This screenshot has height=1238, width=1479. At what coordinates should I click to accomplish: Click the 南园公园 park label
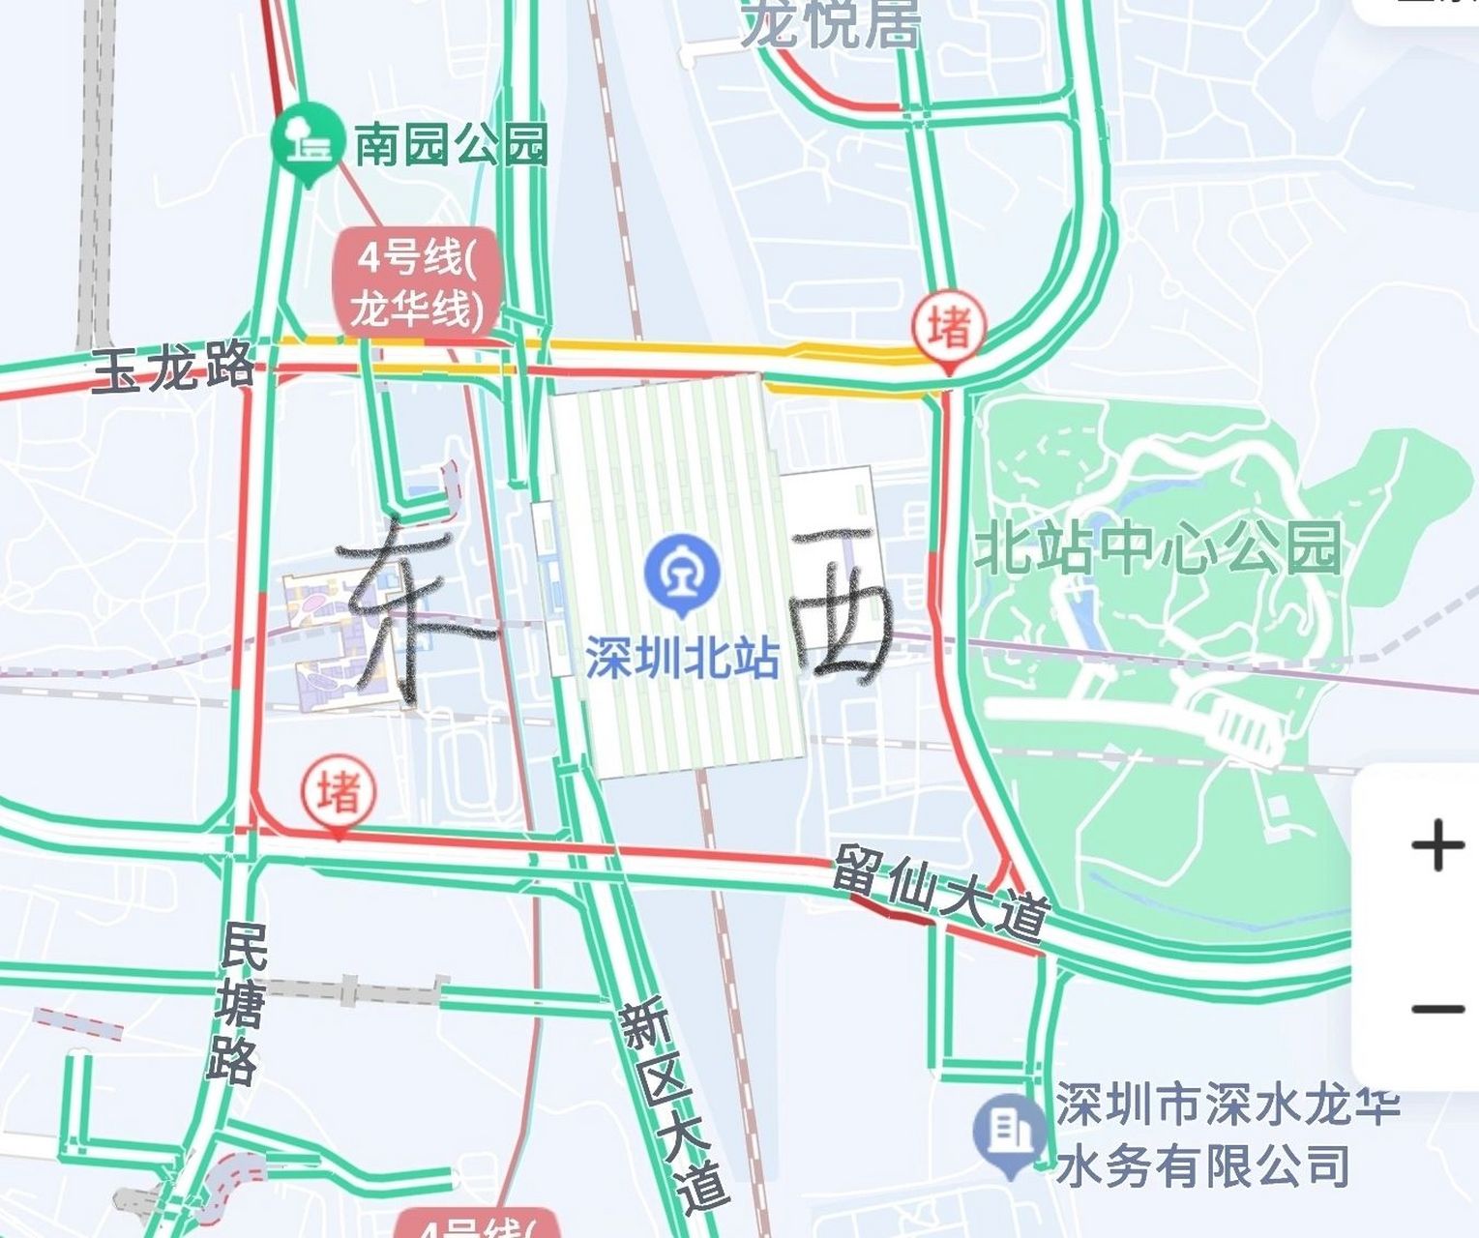(451, 145)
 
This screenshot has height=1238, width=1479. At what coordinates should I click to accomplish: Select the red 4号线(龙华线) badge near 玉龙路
(417, 284)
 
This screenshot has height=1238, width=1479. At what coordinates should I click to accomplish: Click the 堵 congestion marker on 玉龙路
(949, 328)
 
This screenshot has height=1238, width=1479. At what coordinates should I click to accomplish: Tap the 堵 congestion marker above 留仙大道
(339, 792)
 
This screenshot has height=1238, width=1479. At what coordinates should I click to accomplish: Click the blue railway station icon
(682, 573)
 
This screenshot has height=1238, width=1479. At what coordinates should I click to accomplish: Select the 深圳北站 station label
(682, 659)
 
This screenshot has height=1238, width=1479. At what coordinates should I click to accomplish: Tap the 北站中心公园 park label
(1157, 547)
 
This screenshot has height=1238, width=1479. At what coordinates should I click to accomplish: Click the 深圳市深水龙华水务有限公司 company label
(1226, 1135)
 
